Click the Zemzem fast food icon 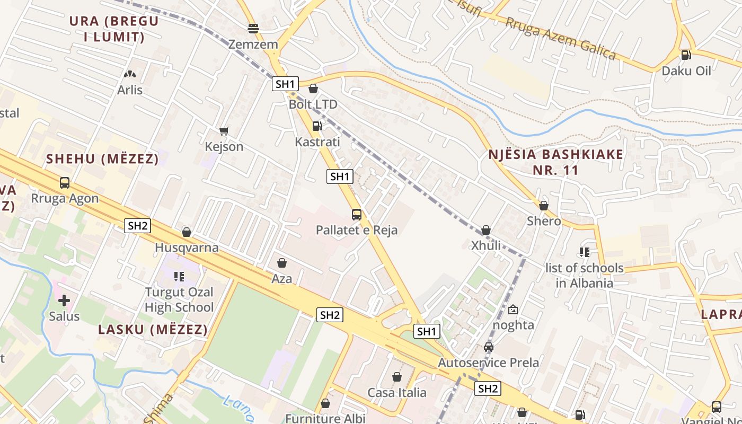(253, 28)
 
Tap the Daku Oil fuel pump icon (686, 55)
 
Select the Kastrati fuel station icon (317, 126)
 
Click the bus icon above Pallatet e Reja (357, 215)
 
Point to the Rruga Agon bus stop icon (65, 183)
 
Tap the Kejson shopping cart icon (224, 131)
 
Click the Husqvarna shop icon (187, 232)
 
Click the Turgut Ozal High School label (179, 299)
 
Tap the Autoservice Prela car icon (489, 347)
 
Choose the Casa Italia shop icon (397, 377)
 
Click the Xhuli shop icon (486, 230)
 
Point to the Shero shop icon (544, 206)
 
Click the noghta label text (514, 325)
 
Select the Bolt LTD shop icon (313, 89)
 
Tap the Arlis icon (130, 74)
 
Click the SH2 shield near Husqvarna (138, 226)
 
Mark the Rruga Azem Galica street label (560, 38)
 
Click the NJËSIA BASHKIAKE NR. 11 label (556, 162)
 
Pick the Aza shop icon (282, 263)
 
